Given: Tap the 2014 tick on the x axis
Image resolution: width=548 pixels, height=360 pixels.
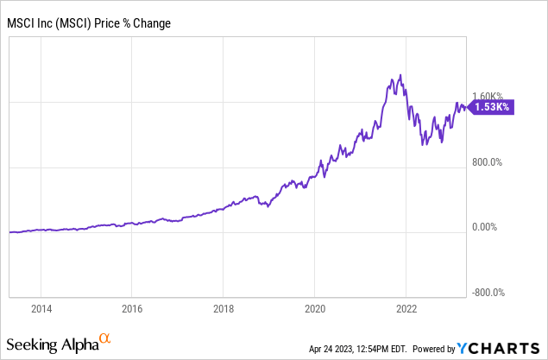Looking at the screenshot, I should (41, 307).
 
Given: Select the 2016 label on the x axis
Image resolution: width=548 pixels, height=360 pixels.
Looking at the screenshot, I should (131, 307).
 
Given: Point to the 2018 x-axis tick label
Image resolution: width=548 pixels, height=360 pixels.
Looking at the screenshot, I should (223, 307).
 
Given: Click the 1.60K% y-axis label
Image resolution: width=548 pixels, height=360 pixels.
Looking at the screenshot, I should (488, 97).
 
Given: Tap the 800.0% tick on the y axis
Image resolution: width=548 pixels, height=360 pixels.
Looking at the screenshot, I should (488, 161).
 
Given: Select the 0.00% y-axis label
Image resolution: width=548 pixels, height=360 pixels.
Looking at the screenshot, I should (488, 227).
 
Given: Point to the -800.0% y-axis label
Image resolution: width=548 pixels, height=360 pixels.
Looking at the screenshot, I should (488, 292).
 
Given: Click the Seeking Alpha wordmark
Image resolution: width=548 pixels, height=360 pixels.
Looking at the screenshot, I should (52, 344).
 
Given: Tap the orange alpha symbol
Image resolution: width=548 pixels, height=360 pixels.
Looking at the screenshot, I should (105, 338).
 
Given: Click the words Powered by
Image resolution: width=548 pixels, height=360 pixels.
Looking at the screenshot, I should (436, 349).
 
